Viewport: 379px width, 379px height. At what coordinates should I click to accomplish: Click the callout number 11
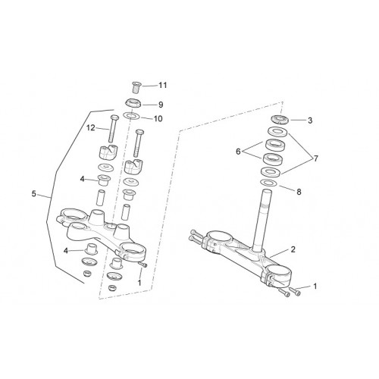tap(163, 86)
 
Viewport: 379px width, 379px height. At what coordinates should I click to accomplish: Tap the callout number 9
tap(161, 105)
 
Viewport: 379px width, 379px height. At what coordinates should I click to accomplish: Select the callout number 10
tap(158, 118)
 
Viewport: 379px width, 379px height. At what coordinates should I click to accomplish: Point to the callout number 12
tap(91, 128)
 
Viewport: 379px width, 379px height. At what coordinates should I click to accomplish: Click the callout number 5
tap(34, 194)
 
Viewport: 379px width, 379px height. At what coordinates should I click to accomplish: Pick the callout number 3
tap(310, 121)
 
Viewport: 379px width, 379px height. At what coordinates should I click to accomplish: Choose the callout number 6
tap(238, 152)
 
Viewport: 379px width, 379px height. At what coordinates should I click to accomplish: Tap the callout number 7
tap(316, 158)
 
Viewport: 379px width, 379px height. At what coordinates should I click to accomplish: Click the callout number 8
tap(299, 192)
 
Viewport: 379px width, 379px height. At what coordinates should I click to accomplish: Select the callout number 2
tap(293, 249)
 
